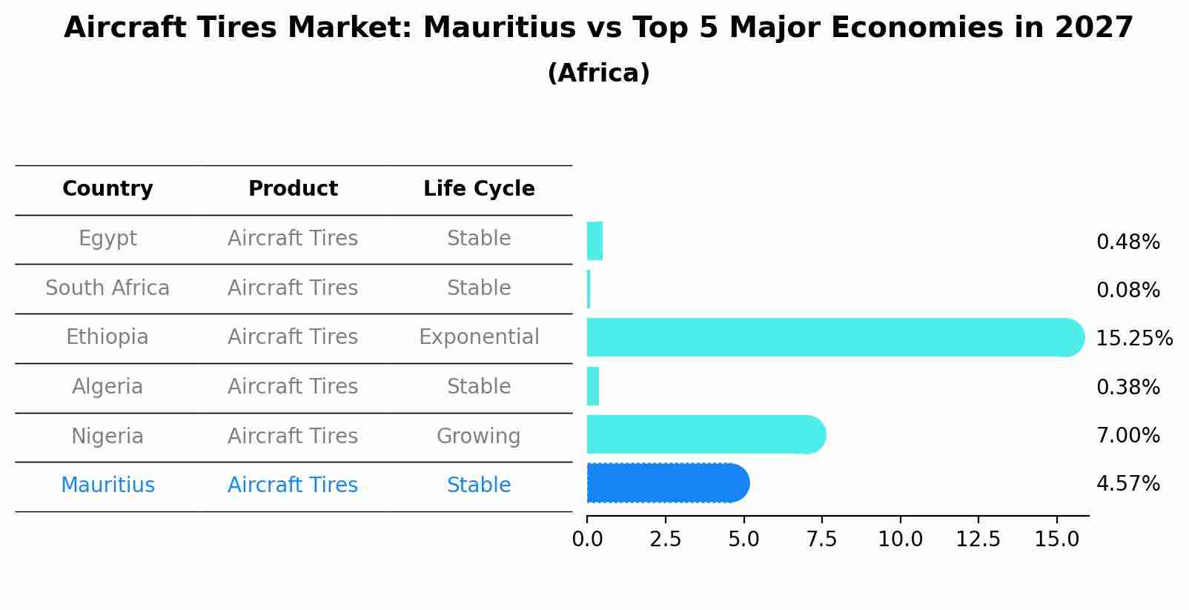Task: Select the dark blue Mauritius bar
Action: [667, 483]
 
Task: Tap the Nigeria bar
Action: [704, 434]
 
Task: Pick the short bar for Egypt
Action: [594, 241]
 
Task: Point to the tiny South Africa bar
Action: [589, 289]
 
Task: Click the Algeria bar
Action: [593, 386]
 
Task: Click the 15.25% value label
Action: [1133, 339]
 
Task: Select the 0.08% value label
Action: [1127, 291]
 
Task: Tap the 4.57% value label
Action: [1127, 484]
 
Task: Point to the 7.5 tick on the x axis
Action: [821, 539]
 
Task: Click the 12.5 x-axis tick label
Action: [978, 539]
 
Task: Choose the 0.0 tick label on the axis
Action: [587, 539]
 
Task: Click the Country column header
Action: [107, 189]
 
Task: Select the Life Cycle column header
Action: [479, 189]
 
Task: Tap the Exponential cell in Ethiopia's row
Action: [479, 337]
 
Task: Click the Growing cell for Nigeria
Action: [478, 436]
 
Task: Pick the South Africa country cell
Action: [107, 288]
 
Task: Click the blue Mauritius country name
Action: [107, 485]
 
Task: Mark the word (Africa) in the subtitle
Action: [598, 73]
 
